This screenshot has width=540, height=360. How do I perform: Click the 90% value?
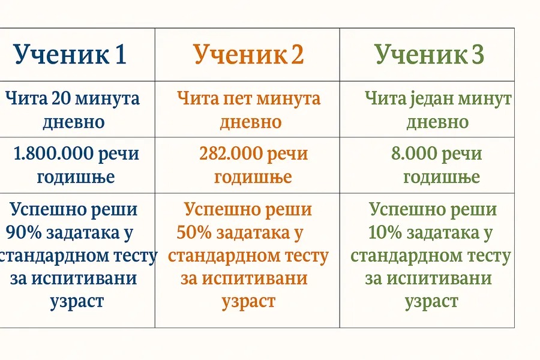tap(23, 233)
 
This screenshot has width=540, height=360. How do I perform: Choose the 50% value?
tap(194, 233)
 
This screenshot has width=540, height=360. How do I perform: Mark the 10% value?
tap(385, 233)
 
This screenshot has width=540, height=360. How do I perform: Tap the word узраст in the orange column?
tap(248, 302)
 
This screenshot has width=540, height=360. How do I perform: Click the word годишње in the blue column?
tap(76, 178)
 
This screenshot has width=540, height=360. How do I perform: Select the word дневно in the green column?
tap(437, 122)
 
